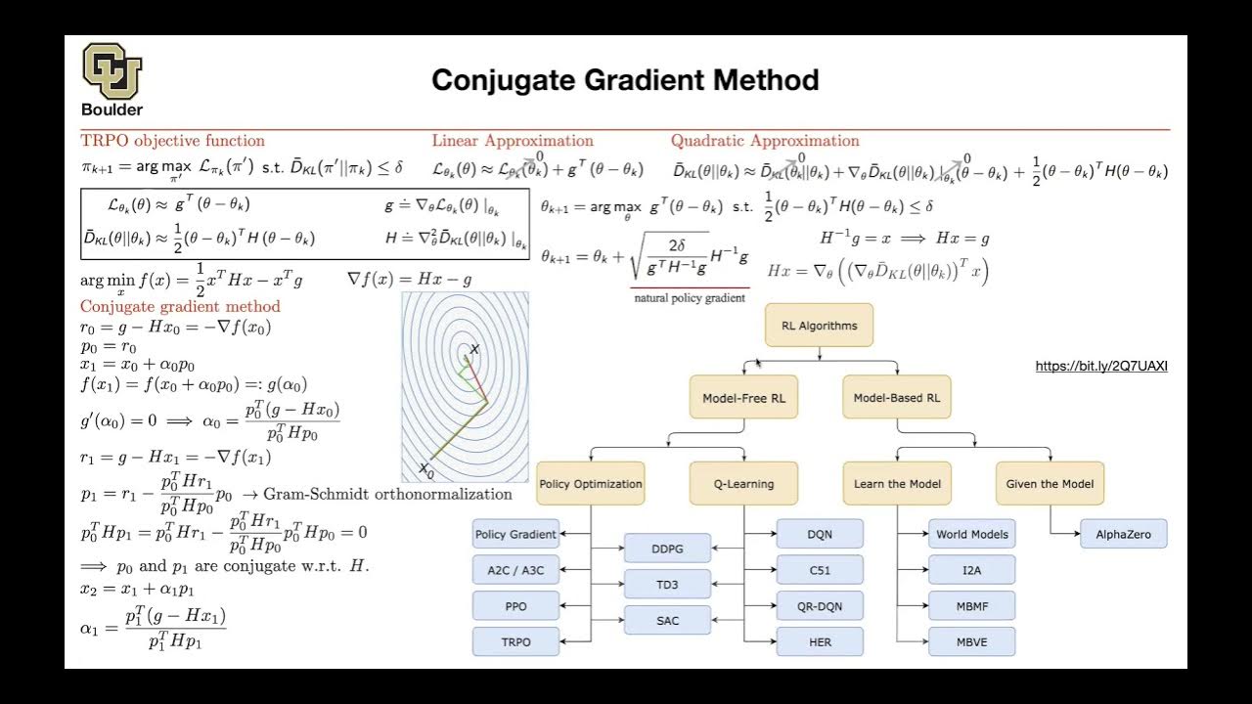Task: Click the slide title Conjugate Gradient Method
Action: tap(625, 80)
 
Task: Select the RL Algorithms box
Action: tap(819, 326)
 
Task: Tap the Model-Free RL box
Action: tap(743, 398)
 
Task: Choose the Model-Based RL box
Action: tap(896, 398)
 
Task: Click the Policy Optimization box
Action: tap(591, 483)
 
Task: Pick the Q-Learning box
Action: tap(744, 483)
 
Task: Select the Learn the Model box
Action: tap(897, 483)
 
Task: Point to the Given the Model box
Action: tap(1050, 483)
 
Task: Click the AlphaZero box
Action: tap(1123, 535)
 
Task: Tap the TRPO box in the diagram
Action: tap(515, 641)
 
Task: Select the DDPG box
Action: tap(667, 550)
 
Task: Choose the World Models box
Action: tap(971, 534)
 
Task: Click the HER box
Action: tap(820, 641)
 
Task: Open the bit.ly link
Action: tap(1101, 367)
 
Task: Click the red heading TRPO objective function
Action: tap(172, 141)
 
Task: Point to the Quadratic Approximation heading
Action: tap(765, 141)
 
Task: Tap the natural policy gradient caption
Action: tap(690, 297)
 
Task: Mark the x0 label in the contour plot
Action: tap(425, 470)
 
